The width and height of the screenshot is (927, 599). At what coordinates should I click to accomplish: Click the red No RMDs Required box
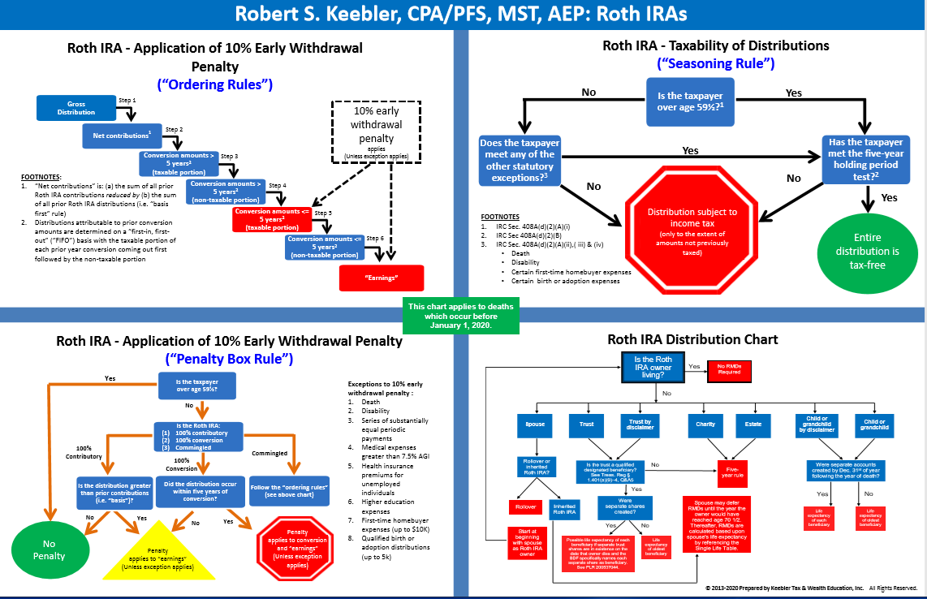pyautogui.click(x=729, y=371)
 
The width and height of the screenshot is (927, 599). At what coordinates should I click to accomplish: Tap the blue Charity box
pyautogui.click(x=705, y=424)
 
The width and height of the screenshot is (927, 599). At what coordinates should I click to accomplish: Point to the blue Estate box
pyautogui.click(x=753, y=424)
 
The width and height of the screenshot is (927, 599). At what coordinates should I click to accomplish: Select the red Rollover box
pyautogui.click(x=524, y=506)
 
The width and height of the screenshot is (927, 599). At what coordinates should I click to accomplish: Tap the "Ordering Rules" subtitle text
pyautogui.click(x=213, y=84)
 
